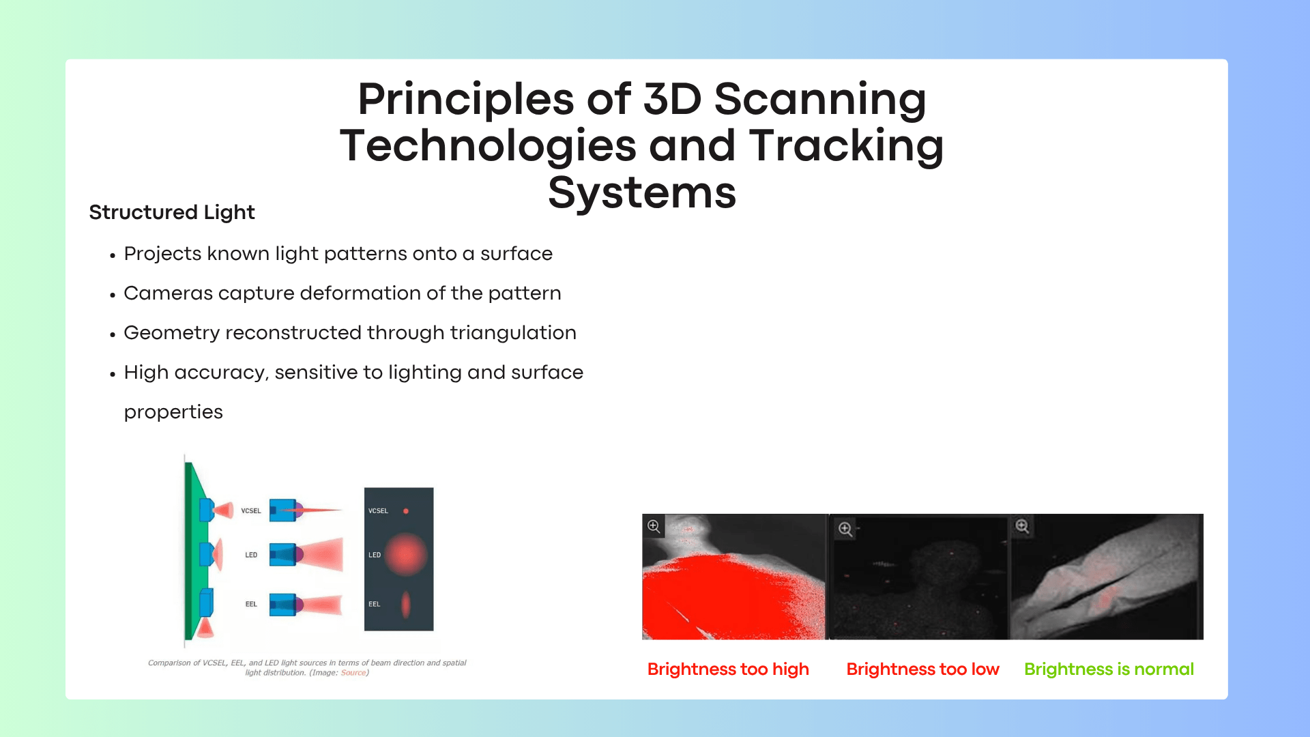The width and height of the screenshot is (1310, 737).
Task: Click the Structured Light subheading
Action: [172, 212]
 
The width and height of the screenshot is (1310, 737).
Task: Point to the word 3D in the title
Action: [673, 99]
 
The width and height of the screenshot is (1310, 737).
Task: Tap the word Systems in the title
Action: [642, 192]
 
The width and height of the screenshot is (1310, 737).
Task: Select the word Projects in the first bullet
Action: [162, 254]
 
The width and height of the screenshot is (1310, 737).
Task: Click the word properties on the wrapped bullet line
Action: [173, 413]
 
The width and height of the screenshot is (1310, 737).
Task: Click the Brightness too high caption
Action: [728, 669]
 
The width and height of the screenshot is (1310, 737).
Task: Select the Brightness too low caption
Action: [922, 669]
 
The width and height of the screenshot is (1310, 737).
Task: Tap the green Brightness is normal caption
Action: [1109, 669]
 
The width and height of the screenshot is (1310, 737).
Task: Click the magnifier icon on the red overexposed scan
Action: [654, 526]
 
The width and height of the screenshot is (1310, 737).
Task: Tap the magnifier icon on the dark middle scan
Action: [845, 529]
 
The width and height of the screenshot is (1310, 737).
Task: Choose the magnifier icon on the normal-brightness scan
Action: [1022, 526]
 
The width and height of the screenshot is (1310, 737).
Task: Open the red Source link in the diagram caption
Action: [353, 673]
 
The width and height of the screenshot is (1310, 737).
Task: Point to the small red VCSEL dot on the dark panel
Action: [406, 511]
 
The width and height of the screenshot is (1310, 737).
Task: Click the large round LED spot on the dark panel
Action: [406, 555]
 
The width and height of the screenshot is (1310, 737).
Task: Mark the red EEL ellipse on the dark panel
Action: [406, 605]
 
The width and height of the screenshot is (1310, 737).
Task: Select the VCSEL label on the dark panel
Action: [378, 511]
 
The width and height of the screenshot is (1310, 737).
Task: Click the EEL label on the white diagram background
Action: [251, 605]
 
